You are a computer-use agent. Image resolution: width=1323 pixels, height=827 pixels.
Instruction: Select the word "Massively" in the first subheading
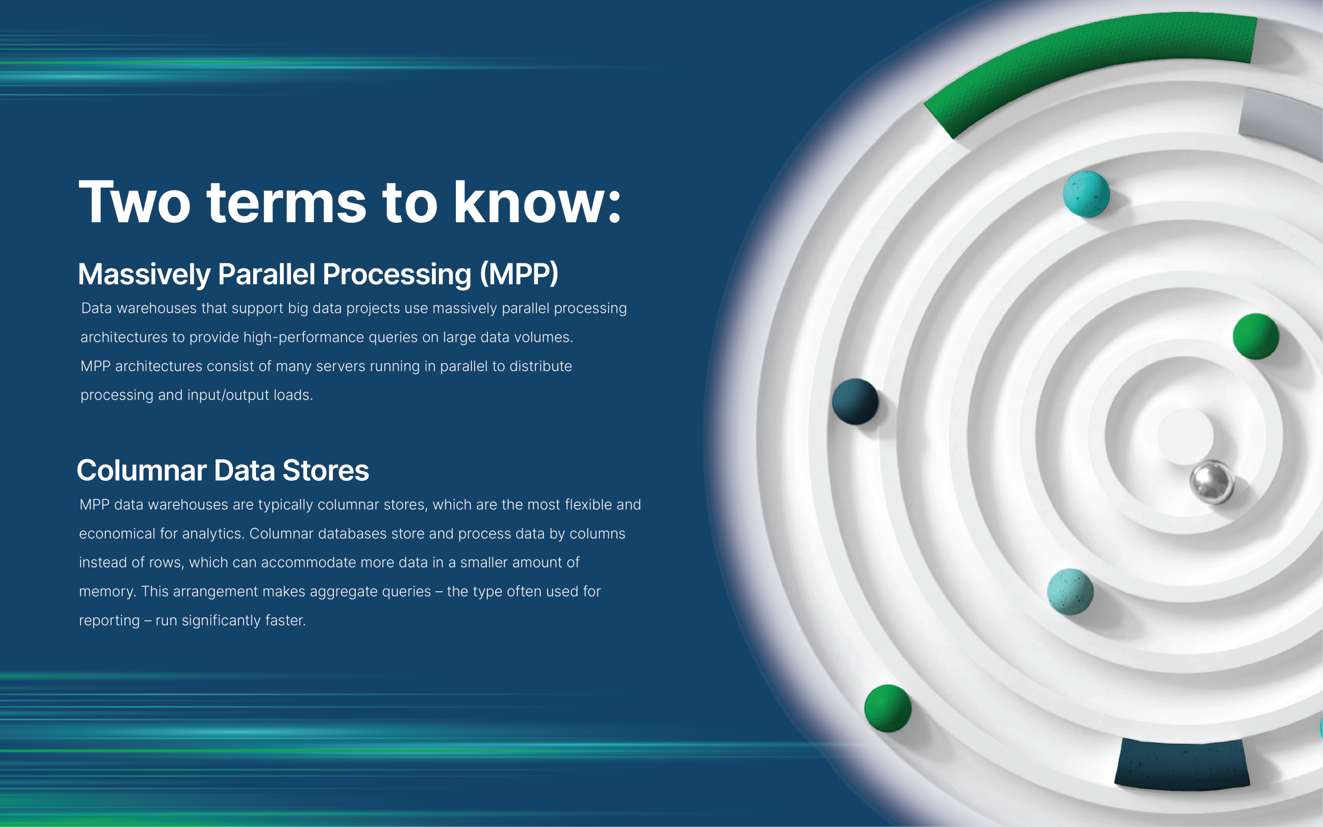click(144, 274)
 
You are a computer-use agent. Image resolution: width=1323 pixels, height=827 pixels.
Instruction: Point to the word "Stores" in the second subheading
click(325, 470)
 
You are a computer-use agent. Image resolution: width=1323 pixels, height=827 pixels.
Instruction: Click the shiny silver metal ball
click(1211, 482)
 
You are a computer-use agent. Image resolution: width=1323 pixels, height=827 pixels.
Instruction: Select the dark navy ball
click(855, 402)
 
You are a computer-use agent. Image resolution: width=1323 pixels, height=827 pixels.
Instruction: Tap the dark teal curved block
click(1182, 764)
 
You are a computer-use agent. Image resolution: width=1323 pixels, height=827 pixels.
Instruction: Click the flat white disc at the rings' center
click(1184, 436)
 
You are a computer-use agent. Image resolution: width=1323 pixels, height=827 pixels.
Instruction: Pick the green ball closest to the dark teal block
click(887, 708)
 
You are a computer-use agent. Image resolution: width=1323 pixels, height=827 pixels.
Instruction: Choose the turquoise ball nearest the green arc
click(1086, 194)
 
